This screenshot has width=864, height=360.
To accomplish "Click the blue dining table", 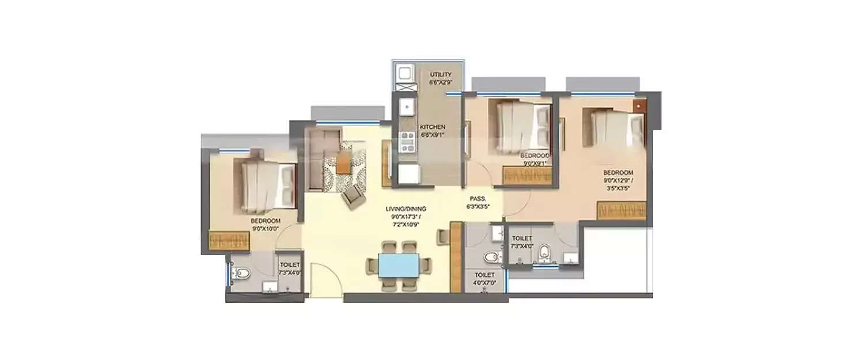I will [x=400, y=266].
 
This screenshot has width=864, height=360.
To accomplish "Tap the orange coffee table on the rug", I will [x=343, y=162].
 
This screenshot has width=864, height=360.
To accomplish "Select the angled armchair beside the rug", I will [x=353, y=198].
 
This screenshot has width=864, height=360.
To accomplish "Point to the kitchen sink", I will [x=407, y=107].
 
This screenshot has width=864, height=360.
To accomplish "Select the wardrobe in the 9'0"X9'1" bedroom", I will [x=527, y=175].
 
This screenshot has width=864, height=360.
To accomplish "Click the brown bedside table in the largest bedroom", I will [x=639, y=107].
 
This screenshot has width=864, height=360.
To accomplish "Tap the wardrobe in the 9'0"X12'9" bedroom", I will [x=621, y=210].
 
